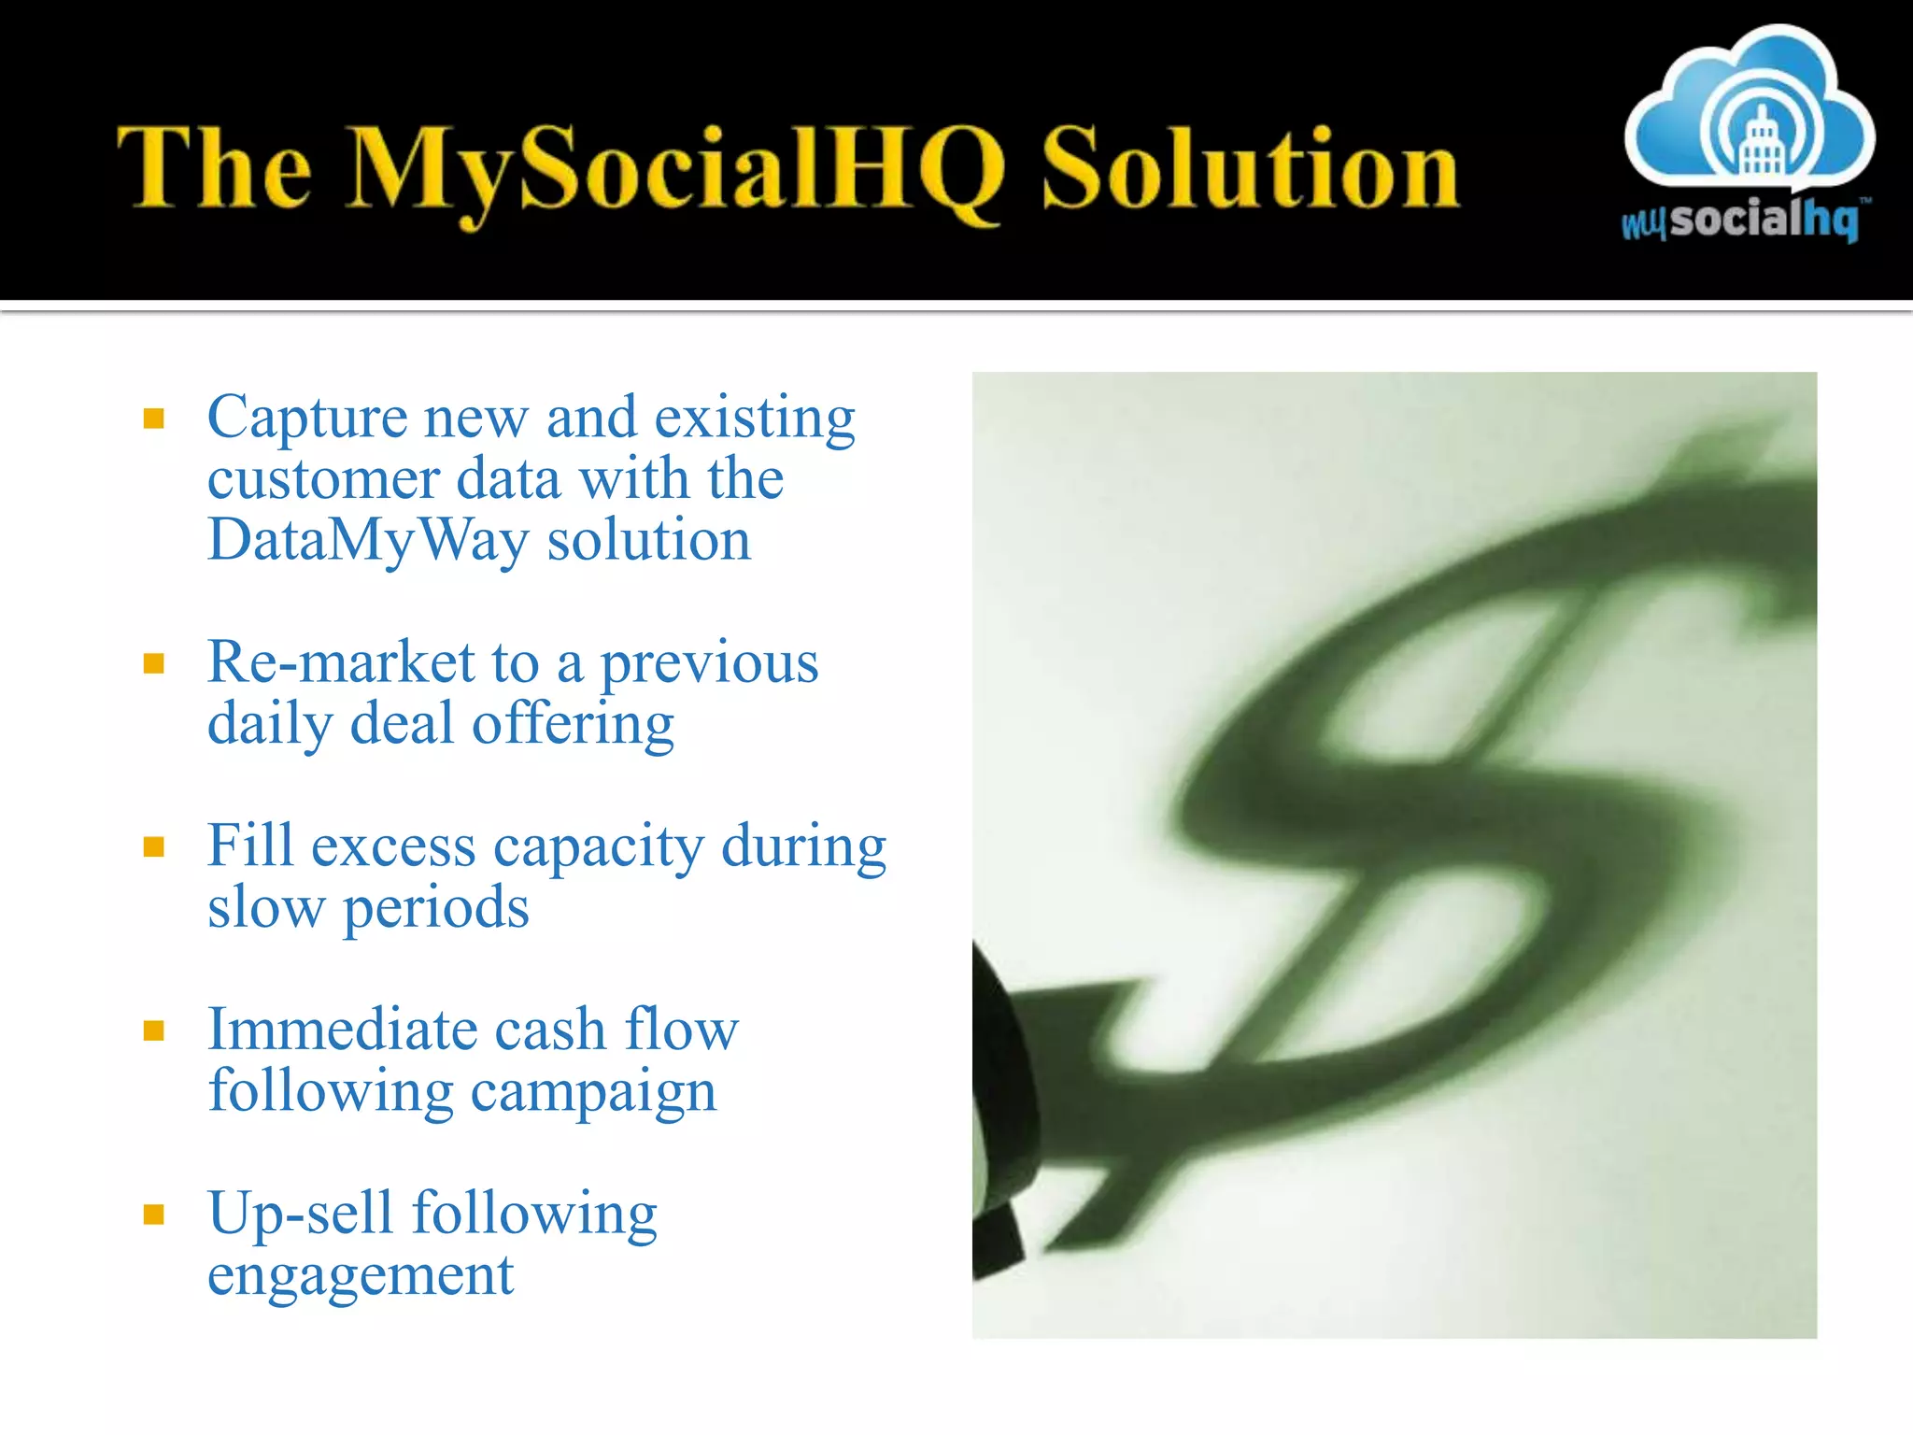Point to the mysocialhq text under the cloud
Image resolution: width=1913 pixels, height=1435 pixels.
pos(1740,220)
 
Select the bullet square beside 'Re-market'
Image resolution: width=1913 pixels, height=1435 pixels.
pos(154,663)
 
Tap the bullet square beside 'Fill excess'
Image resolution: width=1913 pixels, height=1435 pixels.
pos(154,846)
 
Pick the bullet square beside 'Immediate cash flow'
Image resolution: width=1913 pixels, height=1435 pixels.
pos(154,1030)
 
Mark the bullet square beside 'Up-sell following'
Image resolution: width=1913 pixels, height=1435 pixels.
pos(154,1214)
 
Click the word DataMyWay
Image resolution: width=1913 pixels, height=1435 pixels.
pos(367,541)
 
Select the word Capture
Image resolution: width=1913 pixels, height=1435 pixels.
pos(306,418)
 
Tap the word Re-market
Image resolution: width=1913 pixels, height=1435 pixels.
pos(341,662)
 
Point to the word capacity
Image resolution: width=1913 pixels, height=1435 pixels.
pos(598,847)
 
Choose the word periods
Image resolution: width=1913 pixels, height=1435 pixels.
pos(435,908)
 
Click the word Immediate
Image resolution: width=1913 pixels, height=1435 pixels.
pos(342,1030)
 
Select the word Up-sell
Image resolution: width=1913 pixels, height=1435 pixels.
pos(300,1214)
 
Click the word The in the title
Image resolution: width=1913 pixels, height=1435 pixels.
pos(214,168)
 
